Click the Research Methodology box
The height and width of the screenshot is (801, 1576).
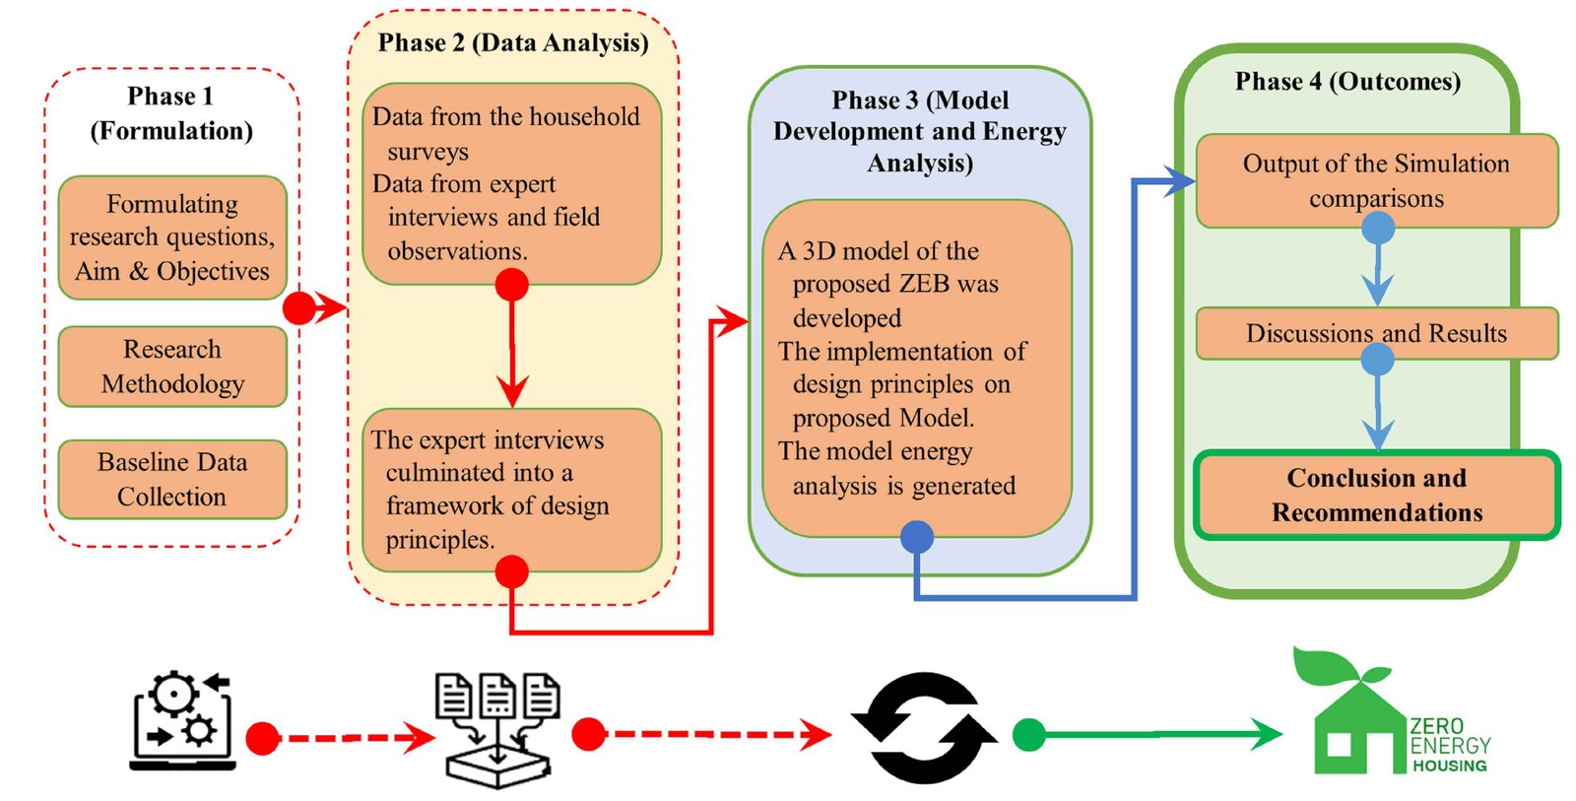[172, 367]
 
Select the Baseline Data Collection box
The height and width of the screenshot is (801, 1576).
[172, 479]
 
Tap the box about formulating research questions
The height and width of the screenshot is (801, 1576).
[172, 237]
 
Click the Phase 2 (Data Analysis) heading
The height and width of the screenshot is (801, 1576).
[512, 42]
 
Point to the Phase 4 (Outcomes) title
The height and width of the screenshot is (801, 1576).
[1347, 81]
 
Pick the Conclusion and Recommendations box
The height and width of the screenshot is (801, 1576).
[1376, 495]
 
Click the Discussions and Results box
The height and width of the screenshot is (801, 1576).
[1376, 333]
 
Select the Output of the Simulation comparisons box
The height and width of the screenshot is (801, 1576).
[1376, 180]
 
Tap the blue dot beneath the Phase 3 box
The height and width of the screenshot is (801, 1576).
[917, 537]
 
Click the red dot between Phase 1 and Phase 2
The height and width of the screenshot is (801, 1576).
[298, 308]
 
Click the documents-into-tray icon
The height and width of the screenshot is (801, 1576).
[497, 730]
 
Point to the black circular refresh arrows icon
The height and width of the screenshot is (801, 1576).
[924, 728]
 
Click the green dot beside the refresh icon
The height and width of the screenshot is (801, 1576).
[1029, 734]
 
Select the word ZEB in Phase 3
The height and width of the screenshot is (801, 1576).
[922, 284]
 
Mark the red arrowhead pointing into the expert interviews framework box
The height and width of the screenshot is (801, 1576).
[512, 392]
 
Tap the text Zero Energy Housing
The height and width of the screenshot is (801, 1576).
[1449, 745]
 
